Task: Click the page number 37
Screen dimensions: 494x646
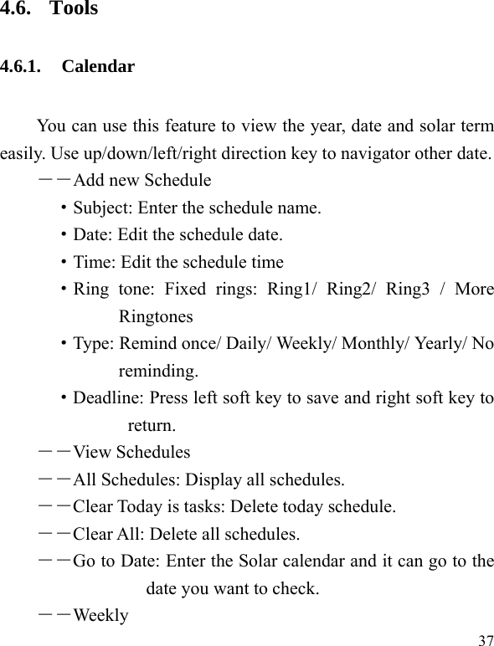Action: [485, 640]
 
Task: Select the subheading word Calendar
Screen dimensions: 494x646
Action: [98, 67]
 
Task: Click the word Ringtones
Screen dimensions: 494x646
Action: [156, 316]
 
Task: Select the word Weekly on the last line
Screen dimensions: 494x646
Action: [100, 616]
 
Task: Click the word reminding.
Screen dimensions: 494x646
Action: [159, 371]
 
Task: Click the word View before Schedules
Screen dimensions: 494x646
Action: [92, 453]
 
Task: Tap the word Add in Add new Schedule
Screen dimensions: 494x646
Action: [87, 181]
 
